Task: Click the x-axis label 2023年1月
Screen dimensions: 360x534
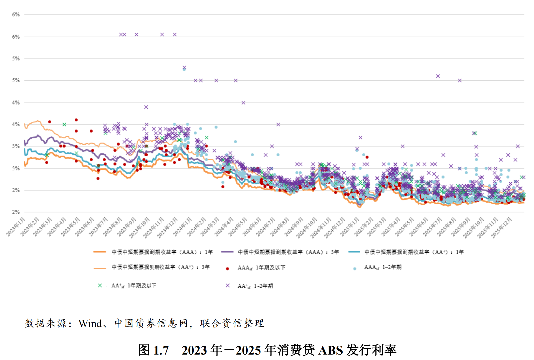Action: coord(16,227)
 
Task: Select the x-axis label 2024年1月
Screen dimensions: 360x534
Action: coord(183,227)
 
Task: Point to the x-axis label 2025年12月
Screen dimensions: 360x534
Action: coord(501,228)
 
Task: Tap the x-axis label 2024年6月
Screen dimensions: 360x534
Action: coord(252,227)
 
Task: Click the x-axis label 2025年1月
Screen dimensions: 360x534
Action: coord(350,227)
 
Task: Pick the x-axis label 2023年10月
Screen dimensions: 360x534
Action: coord(139,228)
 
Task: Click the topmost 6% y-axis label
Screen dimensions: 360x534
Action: coord(16,15)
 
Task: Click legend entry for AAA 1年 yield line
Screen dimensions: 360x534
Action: coord(162,252)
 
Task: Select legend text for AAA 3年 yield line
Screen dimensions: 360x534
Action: coord(288,252)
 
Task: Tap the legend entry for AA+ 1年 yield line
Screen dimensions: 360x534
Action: coord(414,252)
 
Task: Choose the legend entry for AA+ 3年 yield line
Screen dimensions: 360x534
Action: coord(161,267)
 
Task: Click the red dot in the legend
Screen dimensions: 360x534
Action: coord(227,269)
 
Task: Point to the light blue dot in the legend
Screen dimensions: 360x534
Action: coord(354,269)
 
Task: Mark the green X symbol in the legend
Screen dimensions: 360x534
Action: coord(100,285)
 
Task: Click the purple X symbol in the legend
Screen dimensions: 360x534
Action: coord(227,285)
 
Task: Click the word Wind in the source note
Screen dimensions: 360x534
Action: coord(90,324)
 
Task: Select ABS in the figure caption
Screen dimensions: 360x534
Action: coord(330,350)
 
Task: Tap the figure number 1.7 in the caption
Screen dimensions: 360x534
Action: coord(161,350)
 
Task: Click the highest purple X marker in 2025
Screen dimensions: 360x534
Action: coord(438,76)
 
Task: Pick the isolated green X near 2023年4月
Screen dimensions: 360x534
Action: coord(64,124)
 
